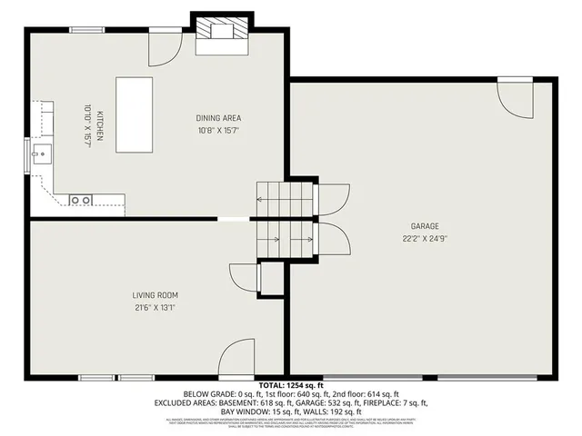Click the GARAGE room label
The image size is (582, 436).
425,225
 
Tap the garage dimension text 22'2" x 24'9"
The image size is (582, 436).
425,238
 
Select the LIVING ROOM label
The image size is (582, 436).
155,295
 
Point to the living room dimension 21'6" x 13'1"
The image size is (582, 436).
155,308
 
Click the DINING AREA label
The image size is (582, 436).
218,118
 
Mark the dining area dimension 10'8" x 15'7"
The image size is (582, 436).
218,131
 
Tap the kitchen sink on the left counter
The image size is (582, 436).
38,154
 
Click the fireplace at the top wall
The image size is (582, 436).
218,29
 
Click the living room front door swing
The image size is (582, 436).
236,358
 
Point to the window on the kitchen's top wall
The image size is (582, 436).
86,30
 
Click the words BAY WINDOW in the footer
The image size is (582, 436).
244,411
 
